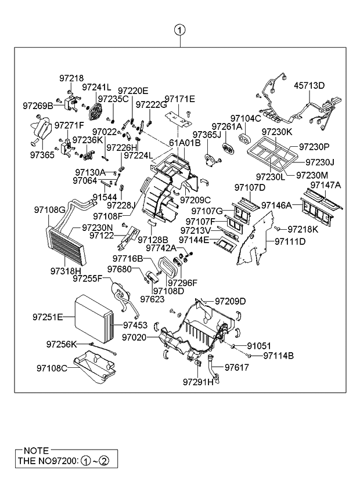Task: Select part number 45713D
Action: pyautogui.click(x=309, y=86)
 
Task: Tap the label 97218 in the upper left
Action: pyautogui.click(x=71, y=78)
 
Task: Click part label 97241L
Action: pyautogui.click(x=96, y=87)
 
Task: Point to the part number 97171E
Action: pyautogui.click(x=179, y=99)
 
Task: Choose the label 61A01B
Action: pyautogui.click(x=185, y=143)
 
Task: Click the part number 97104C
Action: pyautogui.click(x=246, y=118)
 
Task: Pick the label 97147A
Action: pyautogui.click(x=326, y=185)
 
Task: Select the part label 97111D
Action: pyautogui.click(x=290, y=241)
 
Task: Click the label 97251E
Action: pyautogui.click(x=48, y=317)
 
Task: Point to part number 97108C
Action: pyautogui.click(x=52, y=368)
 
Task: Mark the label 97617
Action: pyautogui.click(x=236, y=367)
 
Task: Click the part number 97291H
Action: pyautogui.click(x=198, y=382)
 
